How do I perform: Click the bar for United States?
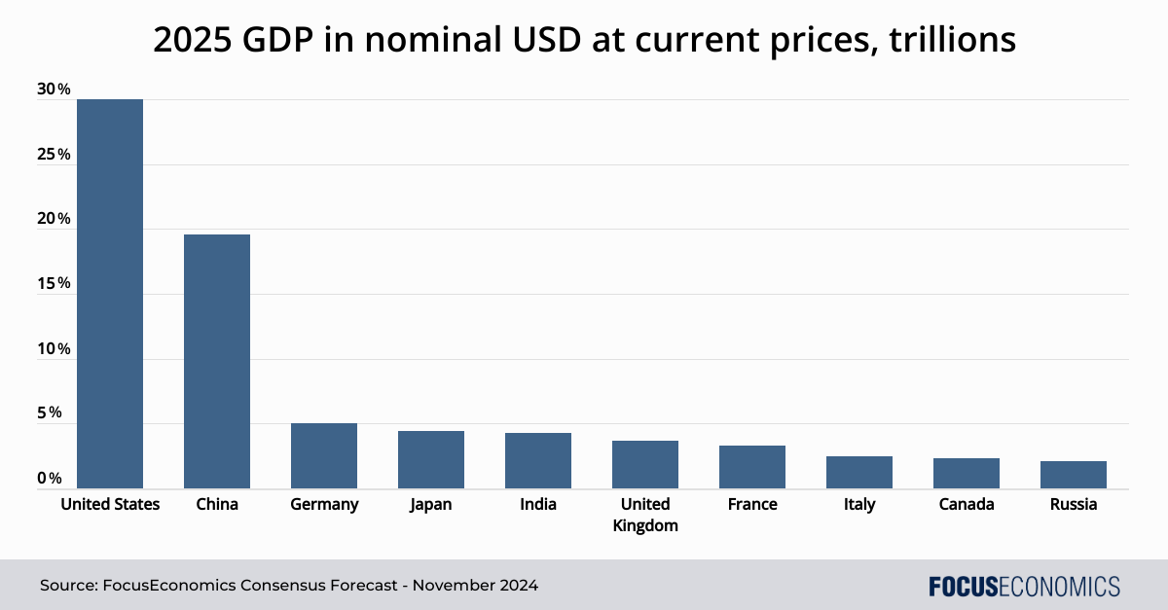[110, 292]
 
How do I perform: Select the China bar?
[217, 361]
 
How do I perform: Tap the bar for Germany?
[324, 455]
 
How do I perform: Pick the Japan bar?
[431, 459]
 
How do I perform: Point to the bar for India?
[538, 460]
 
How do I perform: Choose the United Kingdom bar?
[645, 464]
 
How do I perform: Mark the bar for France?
[752, 467]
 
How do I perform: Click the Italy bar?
[859, 472]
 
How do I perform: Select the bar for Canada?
[967, 473]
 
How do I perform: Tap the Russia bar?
[1074, 475]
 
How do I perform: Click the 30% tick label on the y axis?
[54, 90]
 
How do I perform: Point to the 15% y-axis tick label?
[54, 284]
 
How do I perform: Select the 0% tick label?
[51, 479]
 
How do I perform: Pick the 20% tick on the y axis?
[54, 219]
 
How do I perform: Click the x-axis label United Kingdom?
[645, 515]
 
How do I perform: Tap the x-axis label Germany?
[324, 504]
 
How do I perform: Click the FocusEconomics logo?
[1024, 587]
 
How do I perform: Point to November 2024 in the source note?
[476, 587]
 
